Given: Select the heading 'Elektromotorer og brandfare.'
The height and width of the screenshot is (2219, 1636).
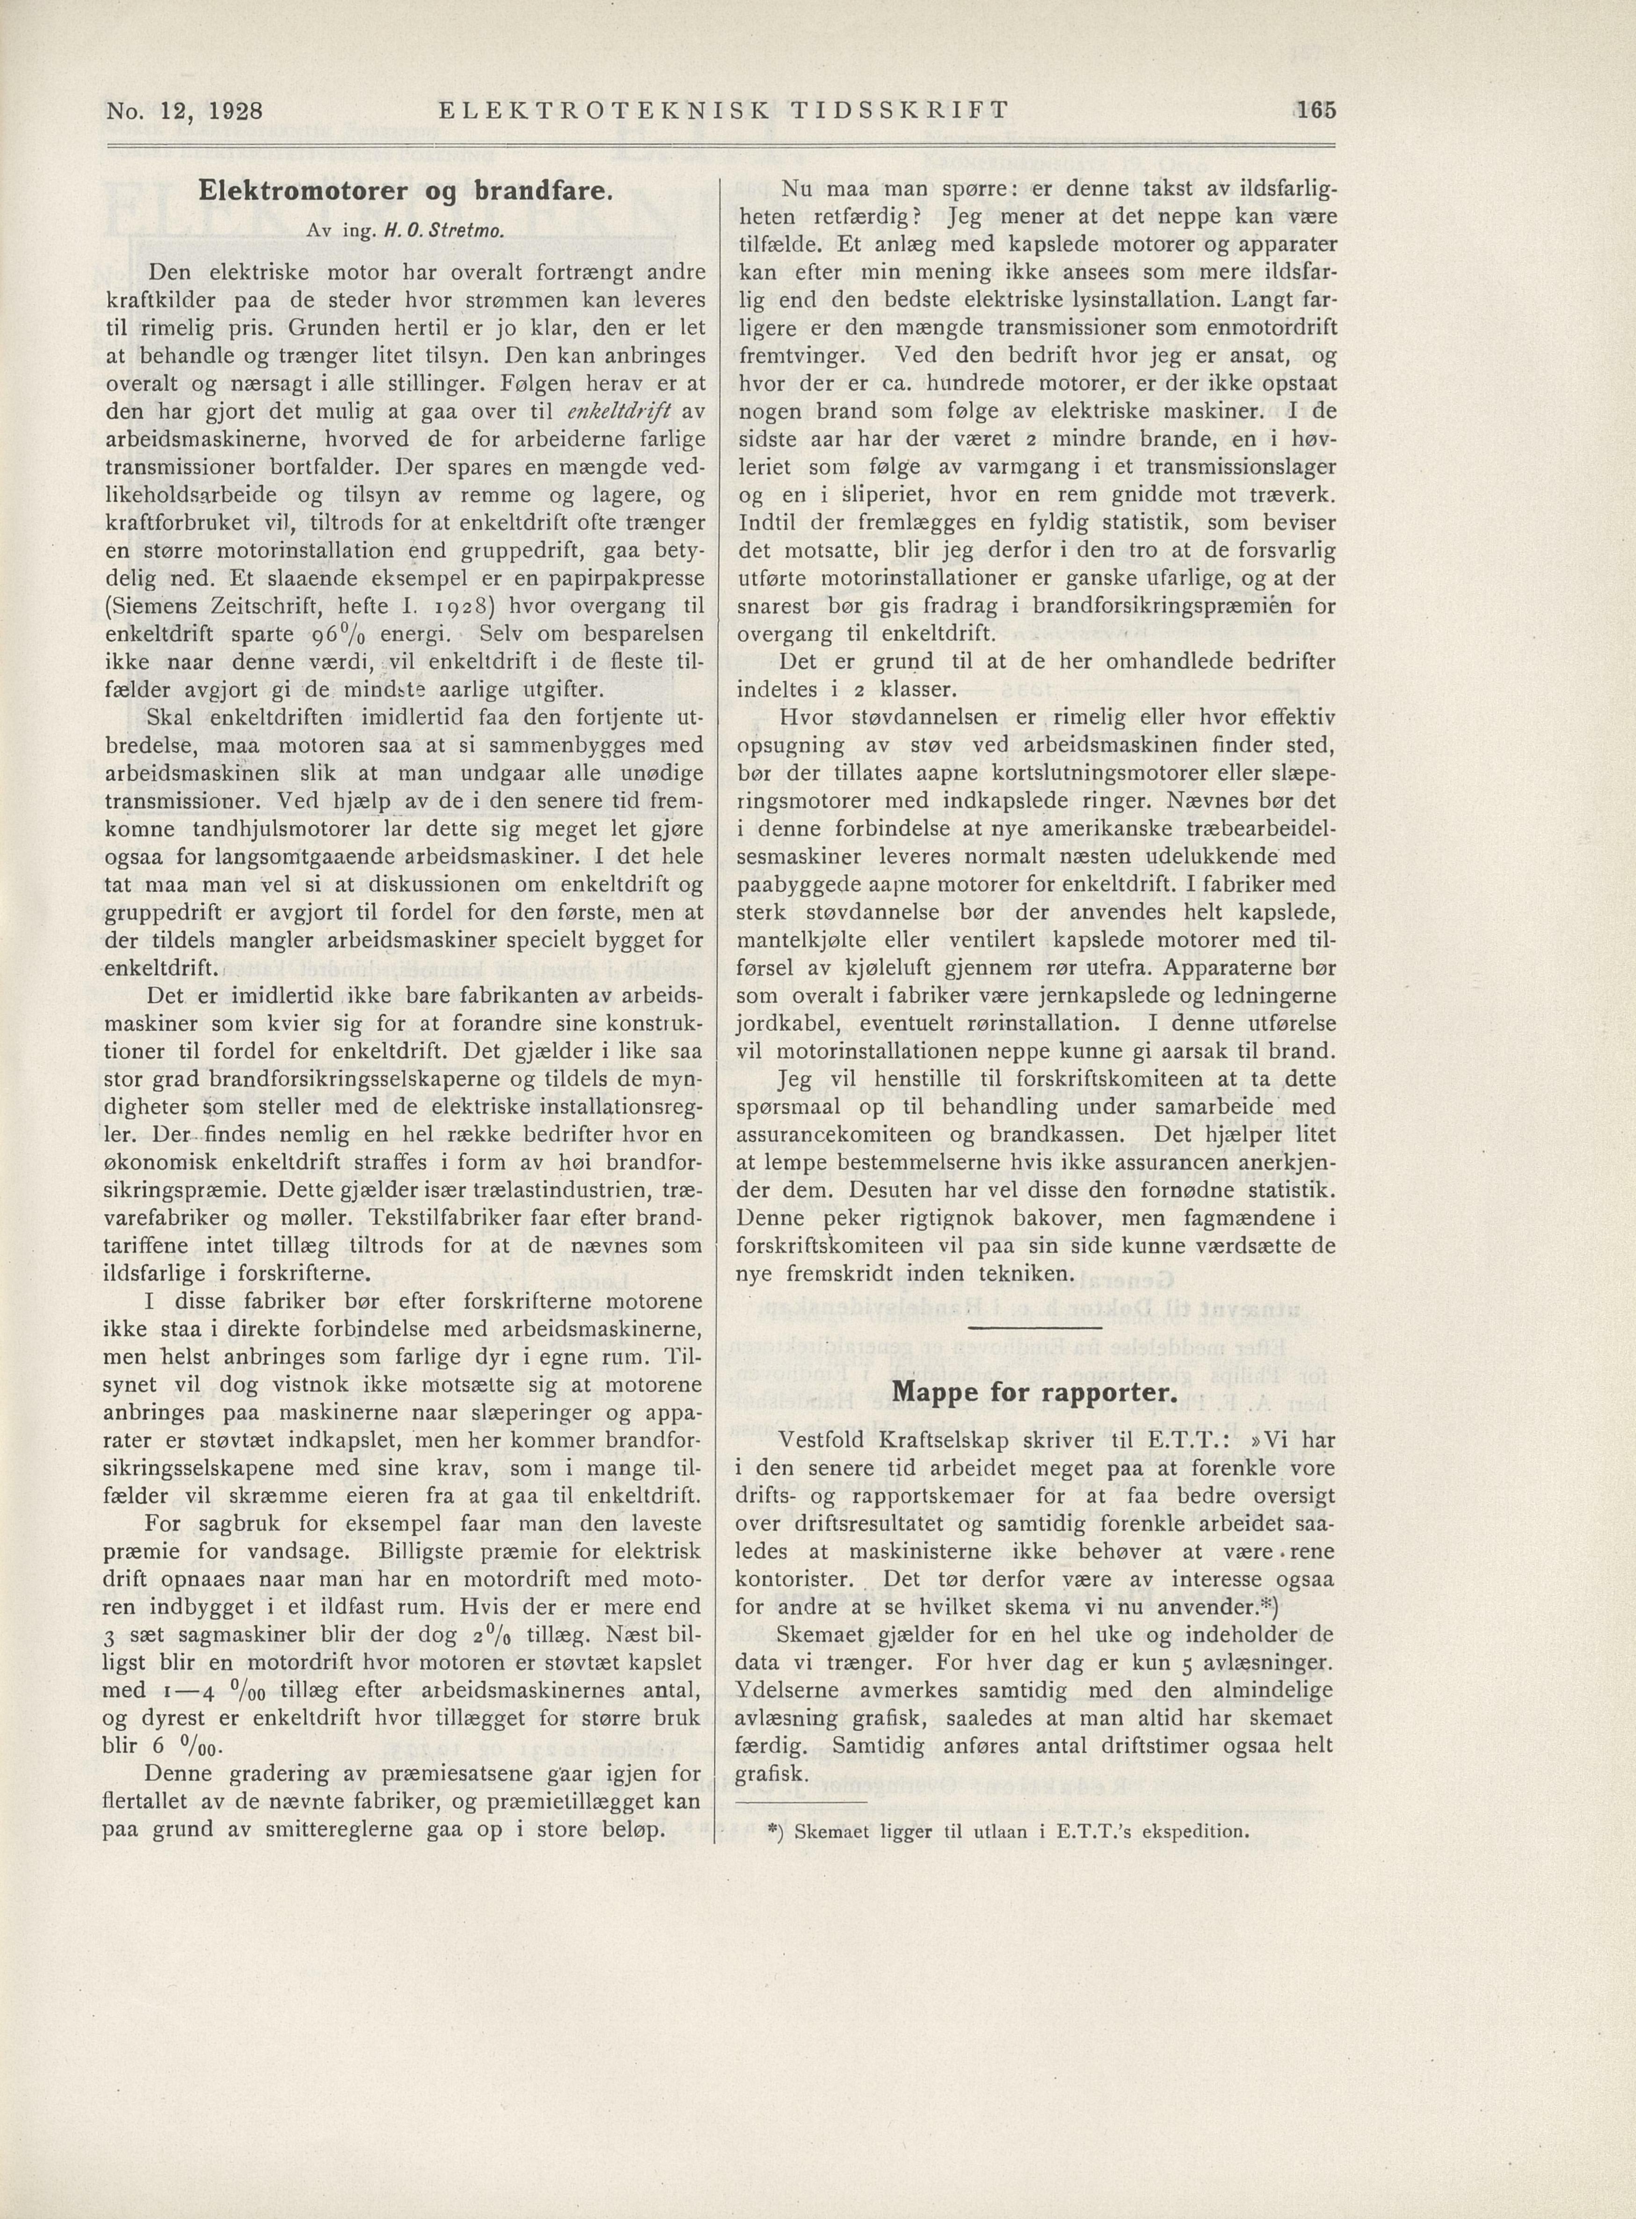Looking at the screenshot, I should point(406,191).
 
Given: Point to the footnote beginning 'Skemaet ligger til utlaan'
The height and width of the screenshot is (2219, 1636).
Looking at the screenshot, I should point(1008,1831).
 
